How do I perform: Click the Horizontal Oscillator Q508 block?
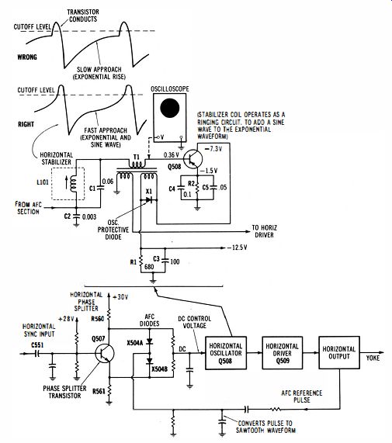pyautogui.click(x=226, y=353)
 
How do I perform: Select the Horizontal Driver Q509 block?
pyautogui.click(x=283, y=353)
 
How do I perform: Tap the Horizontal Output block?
pyautogui.click(x=339, y=352)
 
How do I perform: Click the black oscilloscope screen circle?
pyautogui.click(x=169, y=108)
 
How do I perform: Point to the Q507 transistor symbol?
pyautogui.click(x=104, y=353)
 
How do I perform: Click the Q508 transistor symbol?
pyautogui.click(x=193, y=159)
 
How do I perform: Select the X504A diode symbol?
pyautogui.click(x=149, y=341)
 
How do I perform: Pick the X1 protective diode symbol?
pyautogui.click(x=149, y=199)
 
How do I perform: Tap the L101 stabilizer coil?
pyautogui.click(x=73, y=183)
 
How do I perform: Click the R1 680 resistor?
pyautogui.click(x=140, y=261)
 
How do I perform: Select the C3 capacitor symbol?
pyautogui.click(x=165, y=261)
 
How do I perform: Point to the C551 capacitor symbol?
pyautogui.click(x=36, y=354)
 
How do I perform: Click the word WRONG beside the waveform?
pyautogui.click(x=27, y=57)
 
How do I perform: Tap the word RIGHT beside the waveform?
pyautogui.click(x=26, y=124)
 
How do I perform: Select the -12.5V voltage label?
pyautogui.click(x=237, y=247)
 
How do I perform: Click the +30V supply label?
pyautogui.click(x=120, y=297)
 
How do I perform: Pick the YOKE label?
pyautogui.click(x=373, y=358)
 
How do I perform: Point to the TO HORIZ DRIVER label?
pyautogui.click(x=265, y=231)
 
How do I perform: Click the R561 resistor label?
pyautogui.click(x=99, y=391)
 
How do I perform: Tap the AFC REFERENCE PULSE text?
pyautogui.click(x=301, y=396)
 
